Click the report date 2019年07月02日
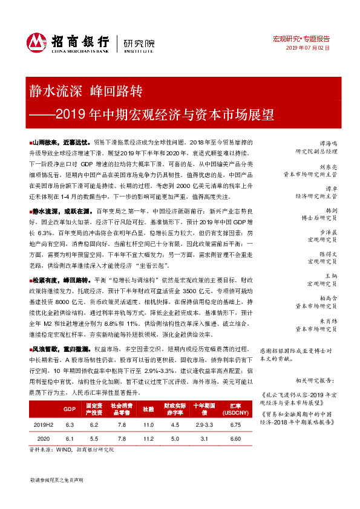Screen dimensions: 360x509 click(308, 47)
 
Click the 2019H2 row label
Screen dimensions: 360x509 click(42, 425)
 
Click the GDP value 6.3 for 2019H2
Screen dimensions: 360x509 click(70, 425)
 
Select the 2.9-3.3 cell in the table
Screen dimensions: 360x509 click(203, 425)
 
